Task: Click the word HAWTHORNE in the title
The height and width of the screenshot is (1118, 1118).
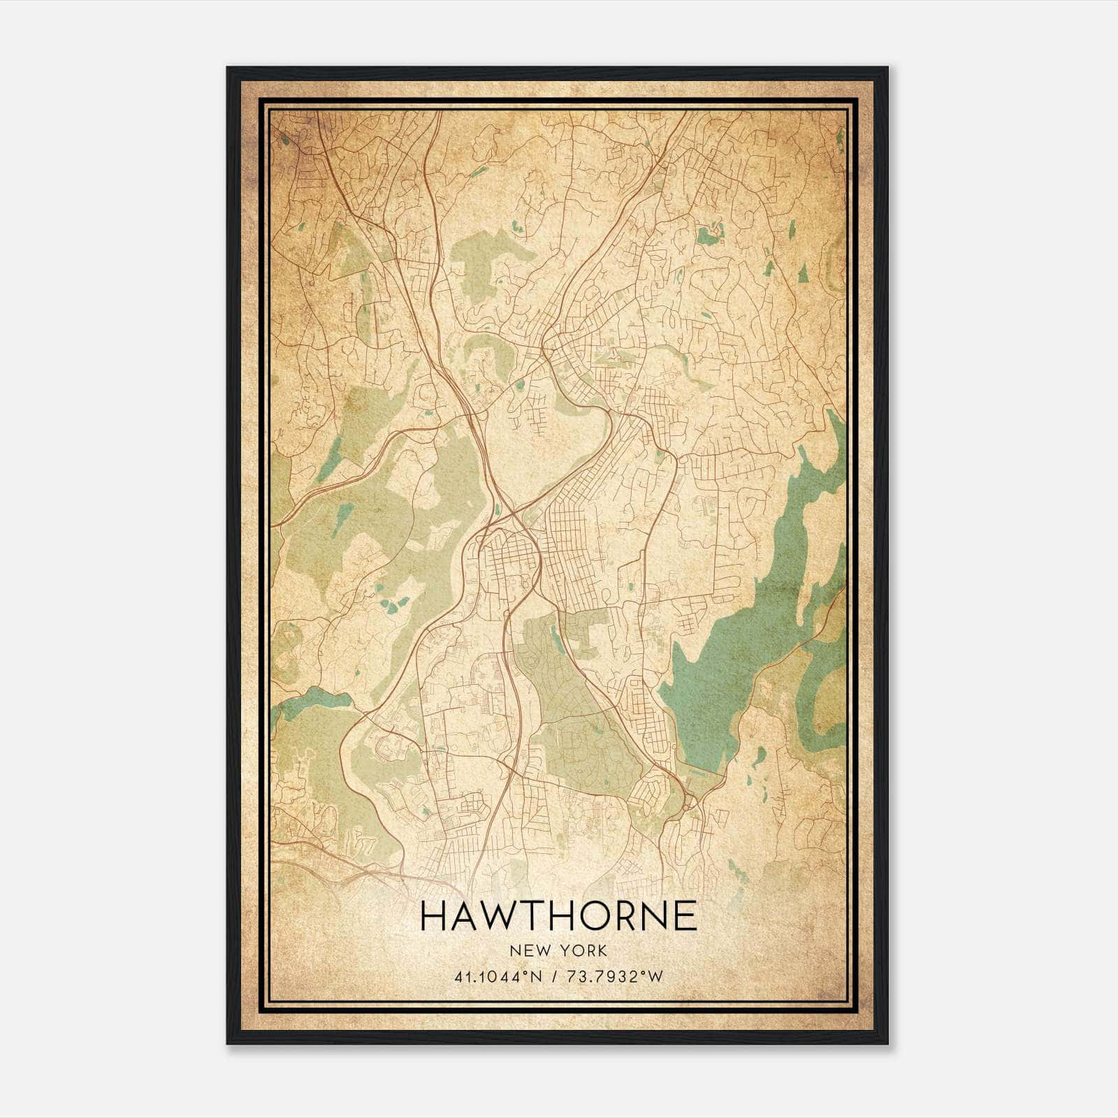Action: click(x=559, y=915)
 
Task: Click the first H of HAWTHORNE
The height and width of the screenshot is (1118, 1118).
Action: click(x=434, y=915)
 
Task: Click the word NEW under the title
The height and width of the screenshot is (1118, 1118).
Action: click(x=529, y=950)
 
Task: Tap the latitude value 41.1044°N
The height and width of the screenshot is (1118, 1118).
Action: click(x=499, y=977)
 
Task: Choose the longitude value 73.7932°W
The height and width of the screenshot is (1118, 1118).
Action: click(x=614, y=977)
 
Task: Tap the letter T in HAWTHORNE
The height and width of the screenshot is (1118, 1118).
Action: click(x=530, y=915)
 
